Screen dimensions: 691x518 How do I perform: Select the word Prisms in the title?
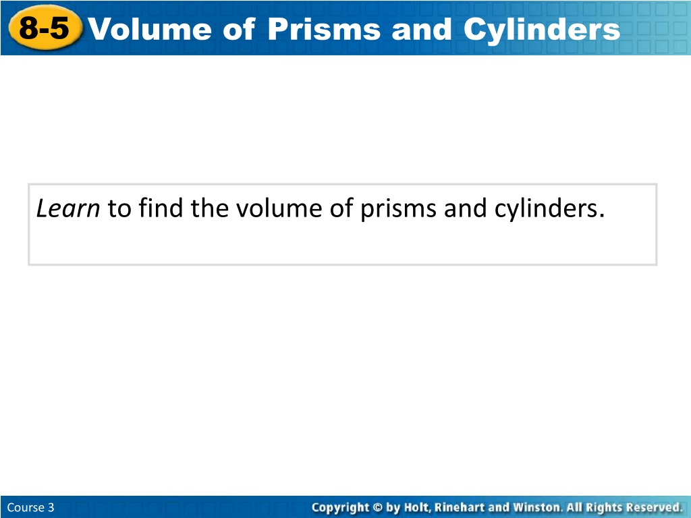324,29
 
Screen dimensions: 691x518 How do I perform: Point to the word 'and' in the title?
422,29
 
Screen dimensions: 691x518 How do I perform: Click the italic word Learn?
68,208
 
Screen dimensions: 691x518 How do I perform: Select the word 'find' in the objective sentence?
161,208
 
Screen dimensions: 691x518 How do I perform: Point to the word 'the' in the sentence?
209,208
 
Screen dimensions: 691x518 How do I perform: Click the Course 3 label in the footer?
31,507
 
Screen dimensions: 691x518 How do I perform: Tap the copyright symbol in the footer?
378,507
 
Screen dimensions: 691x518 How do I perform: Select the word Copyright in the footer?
341,508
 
